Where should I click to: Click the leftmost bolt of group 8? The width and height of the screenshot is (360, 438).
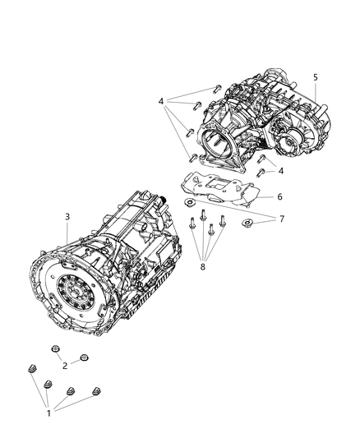(192, 219)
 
